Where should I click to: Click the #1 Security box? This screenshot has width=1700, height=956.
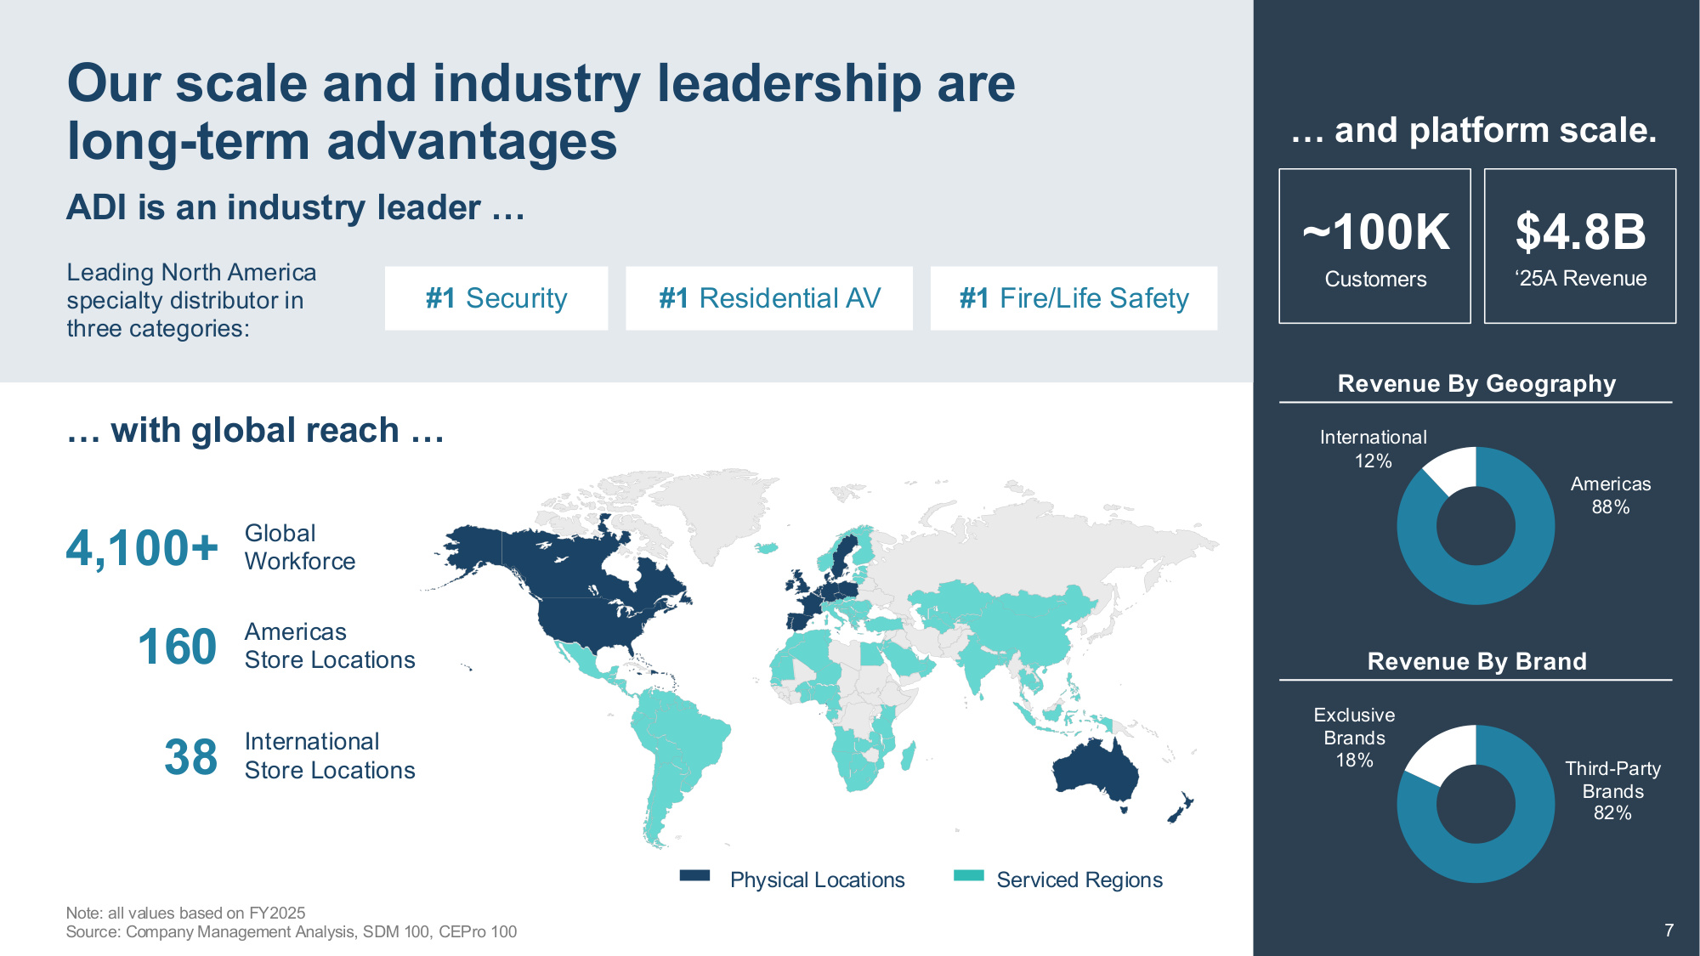click(496, 298)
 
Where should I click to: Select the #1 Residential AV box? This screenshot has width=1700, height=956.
click(769, 298)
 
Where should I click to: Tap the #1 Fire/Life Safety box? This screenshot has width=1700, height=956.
click(1074, 298)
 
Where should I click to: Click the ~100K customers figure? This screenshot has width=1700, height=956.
click(1375, 232)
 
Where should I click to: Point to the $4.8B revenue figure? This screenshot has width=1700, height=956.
click(1580, 232)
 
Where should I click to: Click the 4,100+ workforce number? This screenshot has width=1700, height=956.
click(142, 548)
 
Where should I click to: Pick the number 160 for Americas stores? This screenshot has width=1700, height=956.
click(177, 647)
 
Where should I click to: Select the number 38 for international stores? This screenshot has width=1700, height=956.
click(190, 756)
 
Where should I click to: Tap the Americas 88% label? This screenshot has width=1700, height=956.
click(1611, 495)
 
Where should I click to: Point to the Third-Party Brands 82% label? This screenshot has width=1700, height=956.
click(1612, 790)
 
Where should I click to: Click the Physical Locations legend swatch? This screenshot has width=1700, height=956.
click(694, 876)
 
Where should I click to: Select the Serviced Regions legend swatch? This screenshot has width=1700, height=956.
click(969, 876)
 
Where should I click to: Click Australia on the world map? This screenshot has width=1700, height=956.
click(1095, 772)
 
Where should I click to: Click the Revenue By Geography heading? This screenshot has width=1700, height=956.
click(1476, 384)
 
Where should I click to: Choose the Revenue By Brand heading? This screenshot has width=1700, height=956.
click(1476, 661)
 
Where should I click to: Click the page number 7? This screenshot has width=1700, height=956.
click(1669, 931)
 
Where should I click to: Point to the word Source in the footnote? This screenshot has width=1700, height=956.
click(93, 932)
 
